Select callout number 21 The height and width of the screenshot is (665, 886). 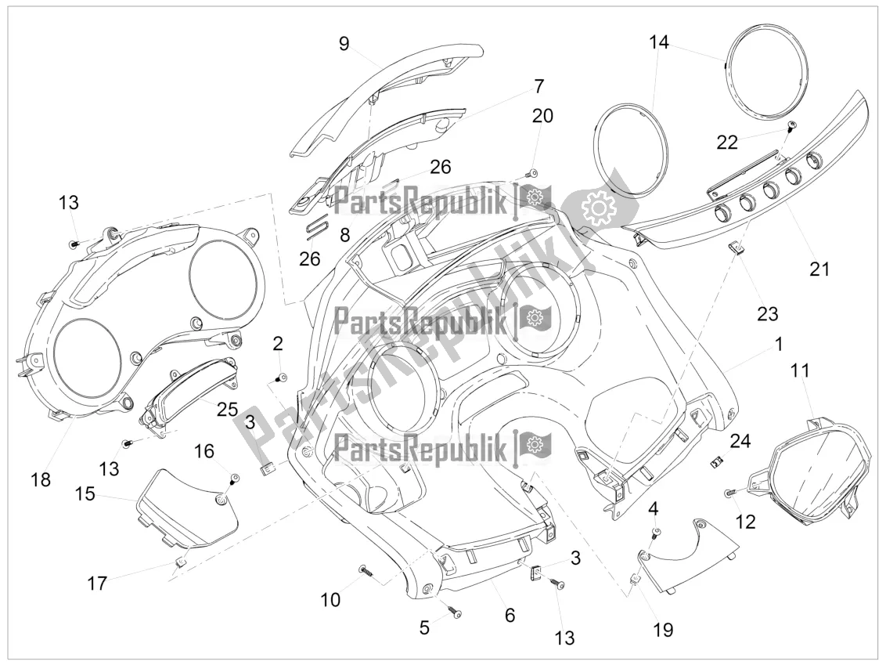coord(818,269)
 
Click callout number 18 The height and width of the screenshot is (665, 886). coord(41,479)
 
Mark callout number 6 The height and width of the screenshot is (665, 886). coord(510,615)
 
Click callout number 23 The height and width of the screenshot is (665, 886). coord(767,313)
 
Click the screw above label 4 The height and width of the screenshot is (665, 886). coord(656,533)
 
